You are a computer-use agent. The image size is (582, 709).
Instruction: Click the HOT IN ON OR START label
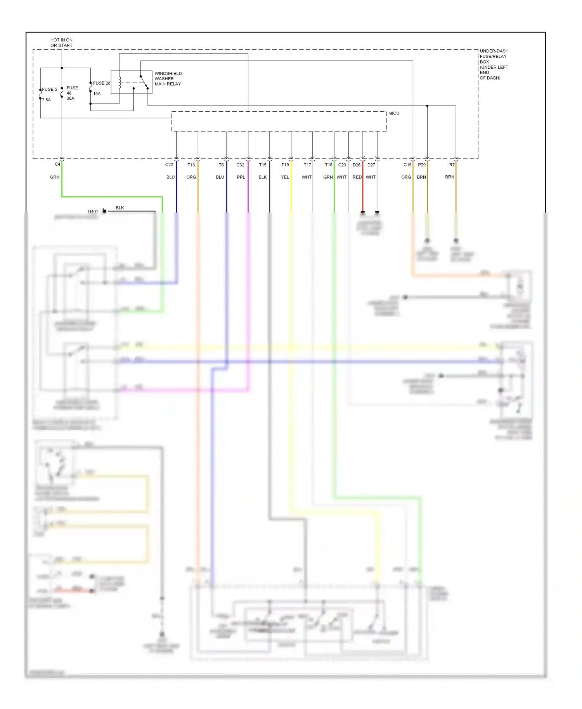pyautogui.click(x=61, y=43)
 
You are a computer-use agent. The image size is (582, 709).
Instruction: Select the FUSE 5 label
pyautogui.click(x=49, y=90)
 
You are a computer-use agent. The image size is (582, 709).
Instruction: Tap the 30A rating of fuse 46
pyautogui.click(x=70, y=99)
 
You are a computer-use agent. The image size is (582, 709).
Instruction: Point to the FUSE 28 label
pyautogui.click(x=102, y=83)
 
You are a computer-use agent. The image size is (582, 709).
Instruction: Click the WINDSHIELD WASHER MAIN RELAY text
pyautogui.click(x=168, y=79)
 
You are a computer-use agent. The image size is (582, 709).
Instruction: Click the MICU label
pyautogui.click(x=393, y=113)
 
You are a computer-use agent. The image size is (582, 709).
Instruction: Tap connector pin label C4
pyautogui.click(x=57, y=164)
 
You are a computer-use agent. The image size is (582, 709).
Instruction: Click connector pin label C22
pyautogui.click(x=169, y=165)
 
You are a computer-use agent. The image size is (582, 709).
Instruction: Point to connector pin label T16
pyautogui.click(x=191, y=165)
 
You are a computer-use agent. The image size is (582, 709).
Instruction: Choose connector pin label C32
pyautogui.click(x=241, y=165)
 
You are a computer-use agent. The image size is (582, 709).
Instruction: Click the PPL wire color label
pyautogui.click(x=241, y=177)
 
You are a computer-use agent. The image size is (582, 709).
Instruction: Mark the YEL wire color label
pyautogui.click(x=285, y=177)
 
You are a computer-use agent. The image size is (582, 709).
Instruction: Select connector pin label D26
pyautogui.click(x=357, y=165)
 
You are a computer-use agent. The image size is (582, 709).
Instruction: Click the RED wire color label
pyautogui.click(x=357, y=177)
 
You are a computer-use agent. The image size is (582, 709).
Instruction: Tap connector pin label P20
pyautogui.click(x=422, y=165)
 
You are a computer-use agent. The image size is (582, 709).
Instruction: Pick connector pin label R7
pyautogui.click(x=452, y=165)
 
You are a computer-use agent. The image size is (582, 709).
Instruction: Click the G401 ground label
pyautogui.click(x=93, y=211)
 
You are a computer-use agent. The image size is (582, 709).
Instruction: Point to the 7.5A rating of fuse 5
pyautogui.click(x=47, y=100)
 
